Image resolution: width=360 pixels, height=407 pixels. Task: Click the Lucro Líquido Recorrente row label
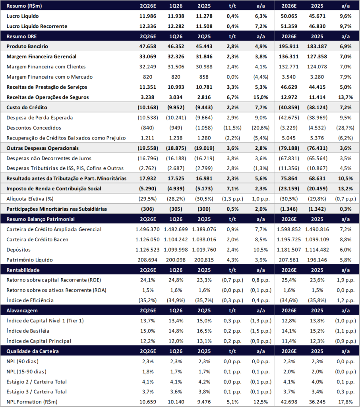pos(37,26)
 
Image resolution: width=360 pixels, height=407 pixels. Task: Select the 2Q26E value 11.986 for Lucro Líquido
pos(148,16)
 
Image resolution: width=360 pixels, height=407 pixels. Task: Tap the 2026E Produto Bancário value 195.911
pos(288,47)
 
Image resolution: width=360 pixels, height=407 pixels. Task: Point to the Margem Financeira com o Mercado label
pos(50,77)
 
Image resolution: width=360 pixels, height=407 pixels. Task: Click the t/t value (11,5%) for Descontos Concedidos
pos(232,128)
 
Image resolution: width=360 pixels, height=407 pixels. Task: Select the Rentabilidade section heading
pos(23,270)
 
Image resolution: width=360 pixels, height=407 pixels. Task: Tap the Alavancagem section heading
pos(22,310)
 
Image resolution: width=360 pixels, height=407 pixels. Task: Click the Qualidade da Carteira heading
pos(33,351)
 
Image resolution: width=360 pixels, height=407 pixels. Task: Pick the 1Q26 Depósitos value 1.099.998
pos(176,250)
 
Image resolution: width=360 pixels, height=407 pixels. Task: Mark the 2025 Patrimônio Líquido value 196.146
pos(317,260)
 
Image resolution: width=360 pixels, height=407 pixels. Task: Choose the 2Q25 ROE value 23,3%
pos(204,280)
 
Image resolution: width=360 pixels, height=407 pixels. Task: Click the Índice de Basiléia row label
pos(28,331)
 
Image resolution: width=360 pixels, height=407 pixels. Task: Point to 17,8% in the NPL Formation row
pos(345,402)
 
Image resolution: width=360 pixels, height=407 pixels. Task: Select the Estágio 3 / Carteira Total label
pos(37,391)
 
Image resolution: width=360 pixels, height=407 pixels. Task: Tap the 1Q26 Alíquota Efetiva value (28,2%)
pos(176,199)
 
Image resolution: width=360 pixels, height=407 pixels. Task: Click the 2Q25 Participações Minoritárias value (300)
pos(204,209)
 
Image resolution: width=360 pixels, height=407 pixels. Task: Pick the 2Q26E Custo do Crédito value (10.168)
pos(148,107)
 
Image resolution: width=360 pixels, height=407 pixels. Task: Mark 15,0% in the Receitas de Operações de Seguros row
pos(261,97)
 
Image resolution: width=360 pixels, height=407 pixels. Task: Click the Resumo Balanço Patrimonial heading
pos(40,219)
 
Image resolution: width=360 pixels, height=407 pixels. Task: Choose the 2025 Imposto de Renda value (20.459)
pos(317,189)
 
